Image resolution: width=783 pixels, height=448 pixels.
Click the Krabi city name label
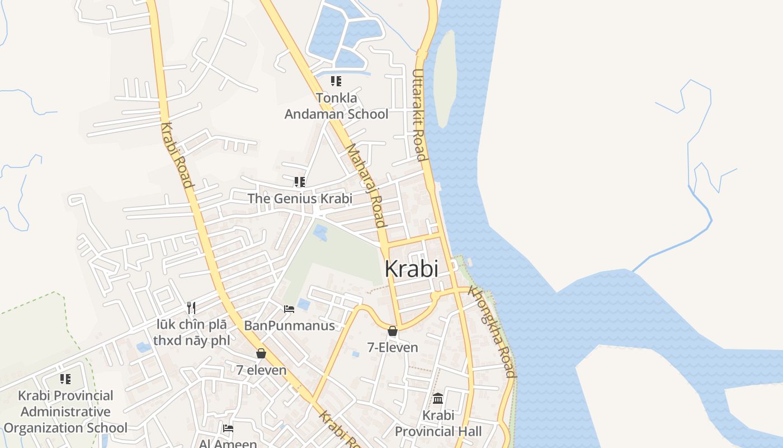pos(411,269)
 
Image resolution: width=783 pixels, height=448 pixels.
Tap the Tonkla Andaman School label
pos(336,106)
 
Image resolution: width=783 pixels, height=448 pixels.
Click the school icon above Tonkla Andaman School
pos(336,81)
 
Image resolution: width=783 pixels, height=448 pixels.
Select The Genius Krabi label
pos(300,198)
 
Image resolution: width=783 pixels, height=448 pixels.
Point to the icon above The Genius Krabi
pos(299,181)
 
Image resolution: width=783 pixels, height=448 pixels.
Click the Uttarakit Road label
pos(420,114)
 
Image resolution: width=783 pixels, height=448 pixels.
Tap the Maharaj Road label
pos(366,185)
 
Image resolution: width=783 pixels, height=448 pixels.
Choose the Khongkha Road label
pos(492,332)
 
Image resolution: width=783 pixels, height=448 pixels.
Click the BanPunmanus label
pos(289,325)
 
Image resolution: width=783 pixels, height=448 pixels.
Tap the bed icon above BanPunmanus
pos(289,309)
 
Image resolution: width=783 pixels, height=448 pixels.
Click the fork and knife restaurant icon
pos(191,307)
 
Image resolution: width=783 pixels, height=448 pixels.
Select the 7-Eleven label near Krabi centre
pos(392,347)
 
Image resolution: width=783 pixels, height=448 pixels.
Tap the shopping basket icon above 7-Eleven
pos(393,331)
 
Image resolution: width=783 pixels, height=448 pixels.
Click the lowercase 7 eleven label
pos(261,370)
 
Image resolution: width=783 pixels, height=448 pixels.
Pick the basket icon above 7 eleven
pos(261,353)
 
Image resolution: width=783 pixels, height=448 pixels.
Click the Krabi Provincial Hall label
pos(438,423)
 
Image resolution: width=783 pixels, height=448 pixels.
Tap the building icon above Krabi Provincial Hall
pos(438,399)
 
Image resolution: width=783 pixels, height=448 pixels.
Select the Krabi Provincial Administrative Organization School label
pos(65,412)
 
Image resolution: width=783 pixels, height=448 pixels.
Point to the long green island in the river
pos(445,78)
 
